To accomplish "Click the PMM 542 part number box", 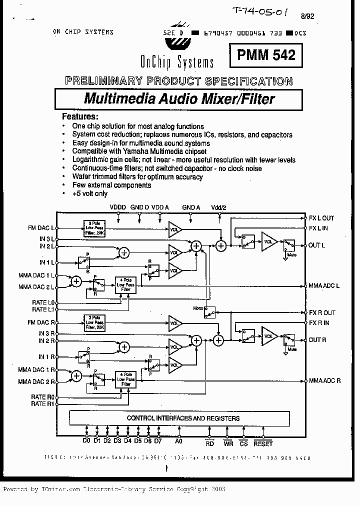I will [266, 54].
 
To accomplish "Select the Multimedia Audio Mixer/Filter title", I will [179, 98].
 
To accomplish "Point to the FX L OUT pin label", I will [321, 218].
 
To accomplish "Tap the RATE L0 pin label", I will [43, 303].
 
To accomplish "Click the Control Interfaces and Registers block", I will [183, 418].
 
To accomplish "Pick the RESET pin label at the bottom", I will [263, 443].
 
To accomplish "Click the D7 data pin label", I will [158, 441].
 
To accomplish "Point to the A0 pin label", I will [178, 441].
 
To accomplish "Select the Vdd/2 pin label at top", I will [219, 206].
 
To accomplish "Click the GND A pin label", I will [191, 206].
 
